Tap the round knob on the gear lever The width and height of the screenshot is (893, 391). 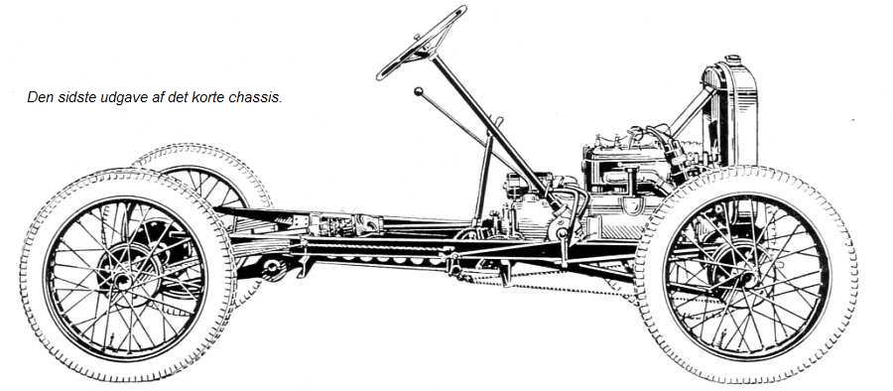[419, 91]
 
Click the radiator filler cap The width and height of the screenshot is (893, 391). [733, 60]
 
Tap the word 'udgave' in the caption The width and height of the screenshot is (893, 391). [122, 97]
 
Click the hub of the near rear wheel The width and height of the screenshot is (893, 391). [122, 279]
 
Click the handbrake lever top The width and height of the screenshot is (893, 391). [499, 121]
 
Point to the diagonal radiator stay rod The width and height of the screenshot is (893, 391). [692, 110]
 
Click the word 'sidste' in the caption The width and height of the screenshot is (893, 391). [76, 97]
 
